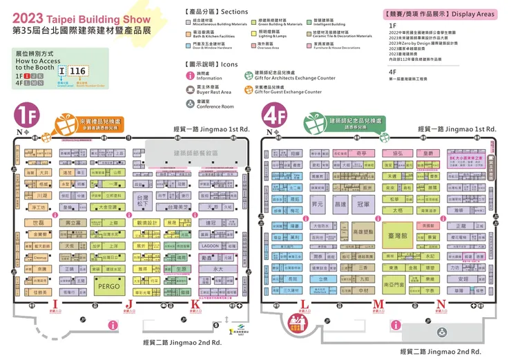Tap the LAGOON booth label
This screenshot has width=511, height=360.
click(x=211, y=245)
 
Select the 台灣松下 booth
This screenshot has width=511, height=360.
click(x=143, y=200)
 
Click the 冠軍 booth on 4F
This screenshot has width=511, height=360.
click(x=363, y=205)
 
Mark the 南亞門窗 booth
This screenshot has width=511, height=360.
click(x=396, y=283)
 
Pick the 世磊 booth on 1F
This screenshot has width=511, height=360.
click(x=39, y=222)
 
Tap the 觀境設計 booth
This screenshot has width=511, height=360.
click(x=147, y=222)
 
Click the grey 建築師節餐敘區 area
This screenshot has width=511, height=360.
click(x=196, y=153)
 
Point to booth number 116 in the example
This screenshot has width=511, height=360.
click(x=78, y=70)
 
